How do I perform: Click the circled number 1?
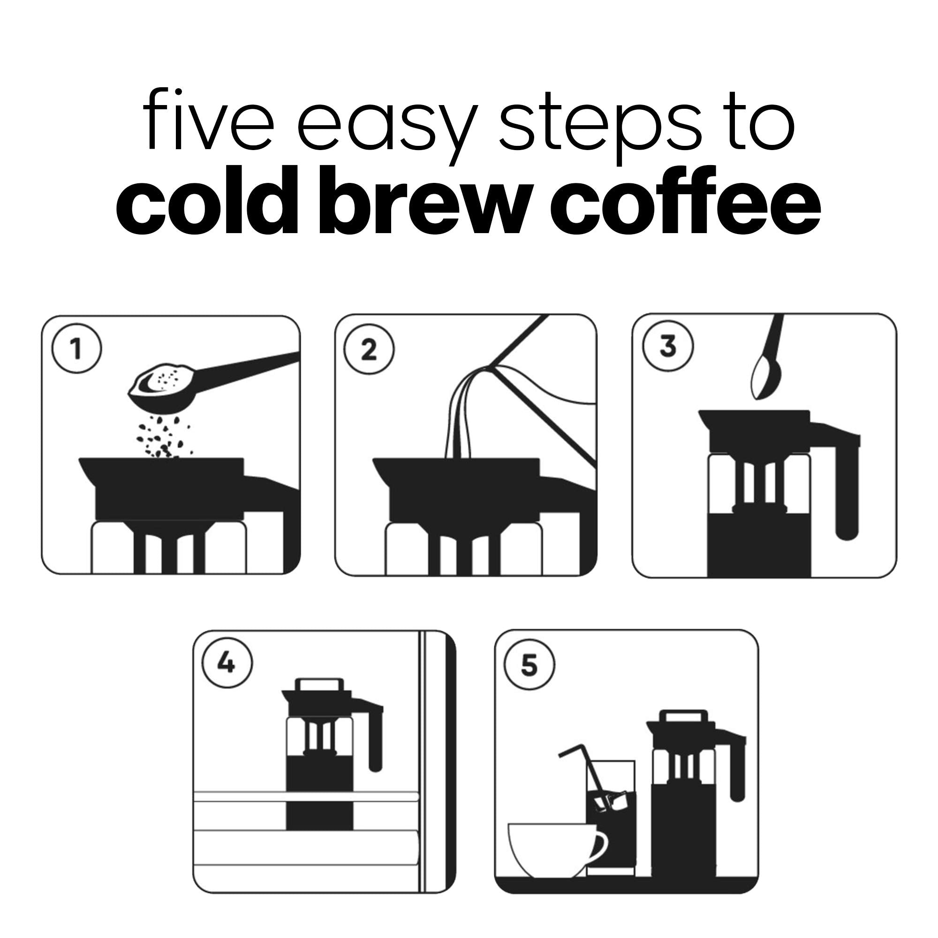pos(77,349)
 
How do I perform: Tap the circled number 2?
pos(369,349)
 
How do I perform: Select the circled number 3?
pos(667,346)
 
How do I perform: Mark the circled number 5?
pos(529,665)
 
